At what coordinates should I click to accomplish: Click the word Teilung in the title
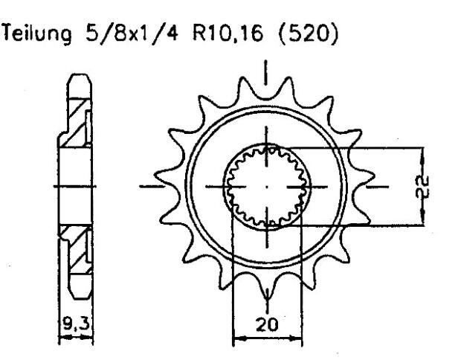tap(42, 34)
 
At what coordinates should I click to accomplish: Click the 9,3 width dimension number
tap(74, 326)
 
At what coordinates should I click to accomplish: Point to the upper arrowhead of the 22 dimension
tap(422, 151)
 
